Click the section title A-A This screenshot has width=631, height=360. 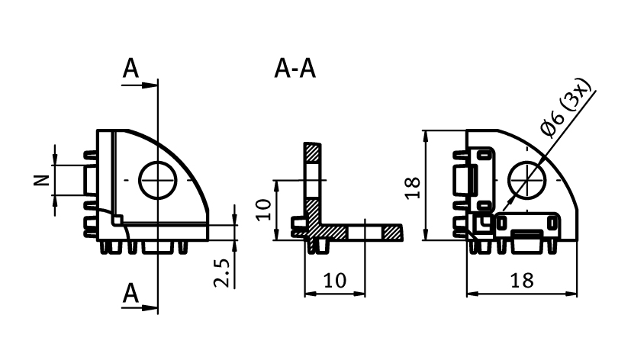[x=295, y=69]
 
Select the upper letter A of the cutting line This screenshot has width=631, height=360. [x=131, y=69]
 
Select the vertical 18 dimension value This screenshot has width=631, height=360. [x=413, y=187]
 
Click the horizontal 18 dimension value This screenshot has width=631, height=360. [x=522, y=280]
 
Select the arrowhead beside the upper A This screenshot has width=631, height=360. [x=150, y=85]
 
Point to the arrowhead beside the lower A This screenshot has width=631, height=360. [x=150, y=307]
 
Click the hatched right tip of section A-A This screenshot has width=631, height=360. [x=393, y=232]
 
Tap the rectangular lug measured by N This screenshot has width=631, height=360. [x=85, y=181]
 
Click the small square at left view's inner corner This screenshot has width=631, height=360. [x=117, y=220]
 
